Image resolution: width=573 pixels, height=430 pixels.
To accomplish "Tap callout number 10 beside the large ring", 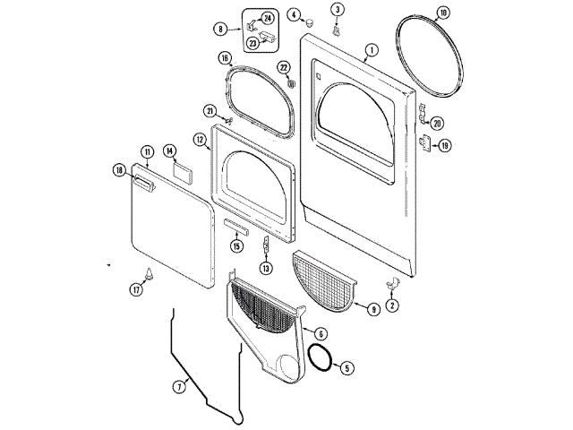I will [x=442, y=13].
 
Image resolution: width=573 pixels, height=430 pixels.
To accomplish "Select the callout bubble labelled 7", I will [x=179, y=387].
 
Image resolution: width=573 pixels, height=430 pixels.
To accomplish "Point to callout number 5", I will [x=347, y=367].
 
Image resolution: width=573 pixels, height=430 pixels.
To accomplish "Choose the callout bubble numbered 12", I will [x=200, y=140].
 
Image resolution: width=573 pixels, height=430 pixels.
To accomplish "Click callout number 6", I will [x=320, y=333].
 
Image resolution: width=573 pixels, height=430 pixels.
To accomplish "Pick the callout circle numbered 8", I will [x=218, y=29].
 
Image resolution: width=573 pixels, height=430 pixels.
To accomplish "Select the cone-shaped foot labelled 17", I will [x=150, y=276].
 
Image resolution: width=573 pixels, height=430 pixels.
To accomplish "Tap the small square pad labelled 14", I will [x=181, y=170].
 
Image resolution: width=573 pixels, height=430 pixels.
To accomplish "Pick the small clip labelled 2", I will [x=392, y=284].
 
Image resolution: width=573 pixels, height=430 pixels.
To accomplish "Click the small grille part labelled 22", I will [x=292, y=83].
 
